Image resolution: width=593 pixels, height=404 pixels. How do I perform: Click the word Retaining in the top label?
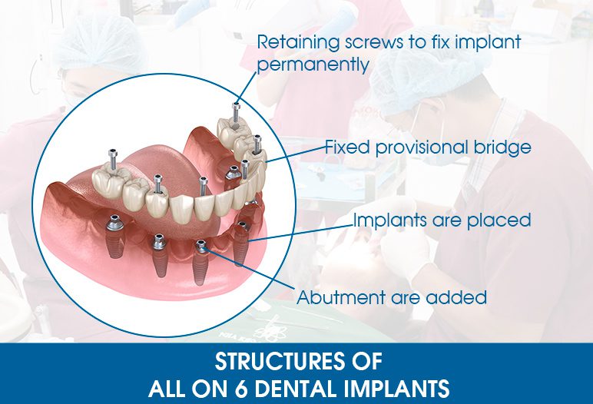pos(298,42)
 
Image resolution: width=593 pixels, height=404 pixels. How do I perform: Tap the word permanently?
pos(313,65)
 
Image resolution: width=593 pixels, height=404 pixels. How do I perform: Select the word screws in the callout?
pos(374,42)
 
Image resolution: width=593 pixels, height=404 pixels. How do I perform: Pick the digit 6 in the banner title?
pos(240,389)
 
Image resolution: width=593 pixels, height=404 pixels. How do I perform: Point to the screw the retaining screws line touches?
pos(236,112)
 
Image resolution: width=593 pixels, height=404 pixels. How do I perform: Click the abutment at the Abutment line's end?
pos(201,247)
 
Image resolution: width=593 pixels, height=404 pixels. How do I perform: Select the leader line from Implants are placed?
pos(301,233)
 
